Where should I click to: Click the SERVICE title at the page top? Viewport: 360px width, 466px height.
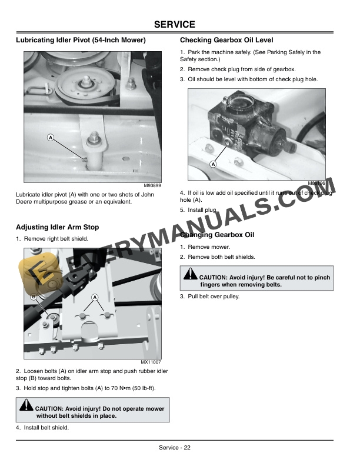click(x=174, y=25)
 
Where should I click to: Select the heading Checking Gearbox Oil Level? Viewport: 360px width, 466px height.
click(x=226, y=41)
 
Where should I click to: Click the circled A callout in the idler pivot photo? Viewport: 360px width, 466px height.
click(x=51, y=137)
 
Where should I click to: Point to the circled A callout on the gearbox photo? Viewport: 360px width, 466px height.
click(x=212, y=164)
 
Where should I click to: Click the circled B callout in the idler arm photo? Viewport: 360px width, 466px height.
click(x=34, y=297)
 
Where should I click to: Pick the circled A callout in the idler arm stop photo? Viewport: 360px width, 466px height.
click(x=94, y=298)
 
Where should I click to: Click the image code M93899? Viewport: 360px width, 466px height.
click(x=152, y=185)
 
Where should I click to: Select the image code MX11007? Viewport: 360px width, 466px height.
click(x=151, y=362)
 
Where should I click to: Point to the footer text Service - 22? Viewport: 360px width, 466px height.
click(x=174, y=448)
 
